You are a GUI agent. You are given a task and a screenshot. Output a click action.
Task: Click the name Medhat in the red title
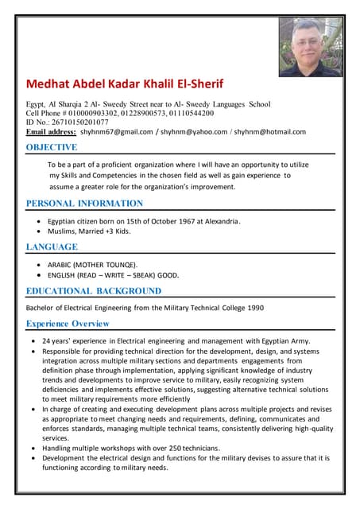(x=51, y=84)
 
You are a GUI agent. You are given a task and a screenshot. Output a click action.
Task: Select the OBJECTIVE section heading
(x=52, y=147)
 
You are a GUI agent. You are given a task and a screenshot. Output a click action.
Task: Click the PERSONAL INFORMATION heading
(x=84, y=204)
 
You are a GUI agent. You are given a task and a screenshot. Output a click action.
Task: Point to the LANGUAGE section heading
(x=52, y=247)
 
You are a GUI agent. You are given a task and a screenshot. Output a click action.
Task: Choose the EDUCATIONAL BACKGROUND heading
(x=93, y=291)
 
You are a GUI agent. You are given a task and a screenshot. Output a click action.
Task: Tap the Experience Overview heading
(x=68, y=324)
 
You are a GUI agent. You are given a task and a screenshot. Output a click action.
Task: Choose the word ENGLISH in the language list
(x=61, y=275)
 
